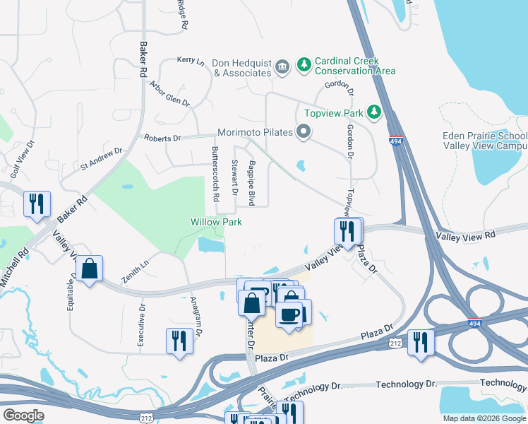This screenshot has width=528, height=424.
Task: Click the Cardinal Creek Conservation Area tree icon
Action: point(304,65)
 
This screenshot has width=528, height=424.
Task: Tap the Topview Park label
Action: point(333,113)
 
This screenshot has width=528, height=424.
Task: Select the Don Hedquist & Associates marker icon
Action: point(282,67)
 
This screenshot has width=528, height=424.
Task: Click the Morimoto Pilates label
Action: point(254,131)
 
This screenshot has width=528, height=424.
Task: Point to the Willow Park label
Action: point(216,222)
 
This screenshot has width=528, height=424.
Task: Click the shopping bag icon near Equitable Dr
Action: point(89,269)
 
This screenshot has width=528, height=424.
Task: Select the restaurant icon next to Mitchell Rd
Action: point(36,204)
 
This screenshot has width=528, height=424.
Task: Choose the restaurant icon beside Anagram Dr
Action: point(179,341)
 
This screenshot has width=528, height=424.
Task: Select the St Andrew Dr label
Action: point(101,159)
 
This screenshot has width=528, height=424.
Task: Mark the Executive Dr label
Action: point(140,324)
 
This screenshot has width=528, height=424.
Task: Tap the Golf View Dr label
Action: point(21,158)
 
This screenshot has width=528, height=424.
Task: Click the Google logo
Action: point(23,416)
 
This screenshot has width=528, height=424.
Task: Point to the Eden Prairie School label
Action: point(484,136)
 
